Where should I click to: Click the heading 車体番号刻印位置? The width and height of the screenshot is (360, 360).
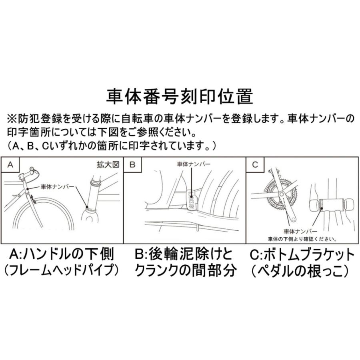(180, 96)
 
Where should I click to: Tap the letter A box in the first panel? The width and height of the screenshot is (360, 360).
(11, 164)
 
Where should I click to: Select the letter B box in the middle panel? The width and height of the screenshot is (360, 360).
(133, 164)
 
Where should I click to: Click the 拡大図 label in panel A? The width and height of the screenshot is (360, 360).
(110, 164)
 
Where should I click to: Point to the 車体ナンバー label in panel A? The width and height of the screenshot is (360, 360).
(57, 187)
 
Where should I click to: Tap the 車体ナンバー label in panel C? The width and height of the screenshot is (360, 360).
(300, 231)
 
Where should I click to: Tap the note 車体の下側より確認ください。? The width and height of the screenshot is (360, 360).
(302, 238)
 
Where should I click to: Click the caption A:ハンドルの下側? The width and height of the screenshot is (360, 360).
(62, 254)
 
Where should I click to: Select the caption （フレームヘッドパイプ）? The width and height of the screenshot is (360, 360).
(62, 271)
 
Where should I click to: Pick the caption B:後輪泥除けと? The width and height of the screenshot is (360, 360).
(184, 254)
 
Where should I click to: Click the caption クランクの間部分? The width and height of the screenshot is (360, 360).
(184, 271)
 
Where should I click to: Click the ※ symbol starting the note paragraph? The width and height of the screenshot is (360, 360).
(11, 119)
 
